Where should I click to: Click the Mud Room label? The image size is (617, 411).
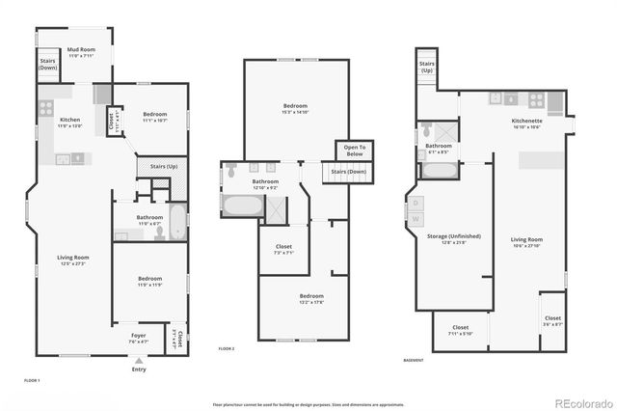[x=81, y=52]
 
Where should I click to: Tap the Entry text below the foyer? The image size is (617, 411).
[x=139, y=370]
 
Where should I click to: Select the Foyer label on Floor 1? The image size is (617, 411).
[x=139, y=338]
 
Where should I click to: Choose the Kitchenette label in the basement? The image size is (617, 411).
[x=526, y=123]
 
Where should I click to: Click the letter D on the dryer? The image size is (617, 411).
[x=416, y=203]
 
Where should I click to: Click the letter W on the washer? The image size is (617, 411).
[x=416, y=219]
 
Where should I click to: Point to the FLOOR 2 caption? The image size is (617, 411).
[x=227, y=347]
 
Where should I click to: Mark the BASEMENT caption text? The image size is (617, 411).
[x=415, y=359]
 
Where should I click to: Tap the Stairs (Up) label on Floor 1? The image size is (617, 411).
[x=163, y=167]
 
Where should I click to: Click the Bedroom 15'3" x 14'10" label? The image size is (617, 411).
[x=295, y=107]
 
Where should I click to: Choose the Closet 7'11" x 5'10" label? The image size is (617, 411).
[x=460, y=330]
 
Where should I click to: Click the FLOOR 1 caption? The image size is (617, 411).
[x=31, y=381]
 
